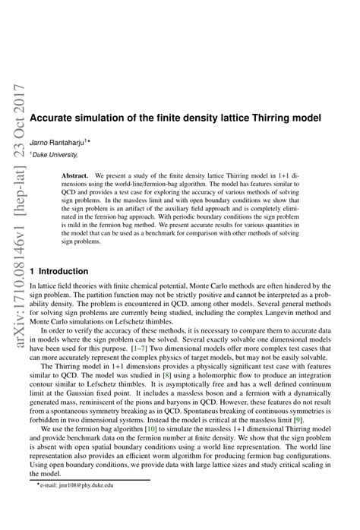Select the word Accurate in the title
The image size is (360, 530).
[x=55, y=119]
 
